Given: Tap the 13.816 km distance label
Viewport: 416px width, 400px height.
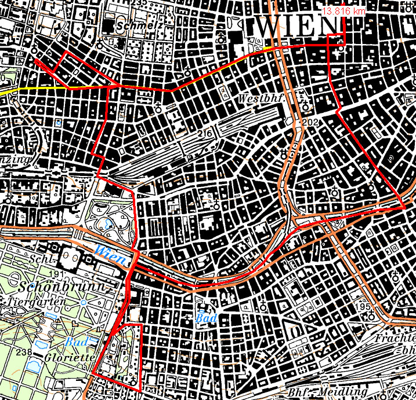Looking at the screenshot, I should click(x=344, y=11).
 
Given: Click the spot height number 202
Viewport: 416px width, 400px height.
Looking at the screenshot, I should click(x=311, y=122).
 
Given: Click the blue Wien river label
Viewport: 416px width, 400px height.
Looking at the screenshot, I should click(x=111, y=252).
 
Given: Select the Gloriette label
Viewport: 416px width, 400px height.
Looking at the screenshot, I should click(x=70, y=357).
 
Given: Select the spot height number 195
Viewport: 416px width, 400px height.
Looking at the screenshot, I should click(x=364, y=306).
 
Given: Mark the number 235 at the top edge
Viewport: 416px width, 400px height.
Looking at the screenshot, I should click(x=139, y=3).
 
